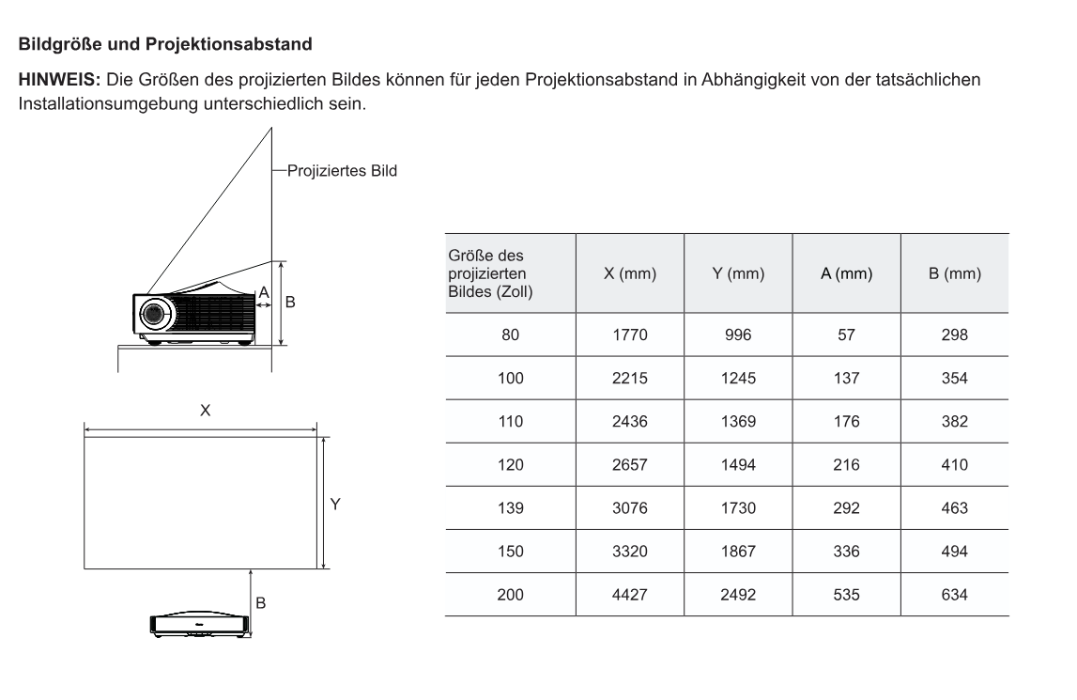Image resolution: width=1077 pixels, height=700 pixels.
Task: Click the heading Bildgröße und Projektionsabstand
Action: click(164, 44)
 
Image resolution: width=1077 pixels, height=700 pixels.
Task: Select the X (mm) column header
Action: click(629, 274)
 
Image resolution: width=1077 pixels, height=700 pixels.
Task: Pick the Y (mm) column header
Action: click(738, 274)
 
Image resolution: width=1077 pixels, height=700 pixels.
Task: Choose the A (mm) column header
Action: click(846, 274)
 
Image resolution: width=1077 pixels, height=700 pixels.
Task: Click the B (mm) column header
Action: click(954, 274)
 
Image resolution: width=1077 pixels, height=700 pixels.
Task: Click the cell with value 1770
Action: click(629, 334)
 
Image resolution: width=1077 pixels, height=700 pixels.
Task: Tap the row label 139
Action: click(510, 508)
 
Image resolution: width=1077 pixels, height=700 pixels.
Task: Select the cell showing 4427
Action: click(629, 595)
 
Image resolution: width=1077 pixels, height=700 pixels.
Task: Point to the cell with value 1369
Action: click(738, 422)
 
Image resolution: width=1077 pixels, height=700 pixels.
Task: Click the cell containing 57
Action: click(846, 334)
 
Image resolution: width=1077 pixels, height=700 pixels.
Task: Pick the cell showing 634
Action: click(954, 595)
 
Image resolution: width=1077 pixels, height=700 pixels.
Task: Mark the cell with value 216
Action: click(846, 465)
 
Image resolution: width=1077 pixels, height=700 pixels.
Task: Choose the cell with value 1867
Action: click(738, 552)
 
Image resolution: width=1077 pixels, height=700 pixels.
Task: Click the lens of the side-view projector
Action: click(151, 312)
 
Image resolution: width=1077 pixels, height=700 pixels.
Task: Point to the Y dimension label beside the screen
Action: click(335, 505)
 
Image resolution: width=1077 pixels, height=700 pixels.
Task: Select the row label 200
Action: click(510, 595)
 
